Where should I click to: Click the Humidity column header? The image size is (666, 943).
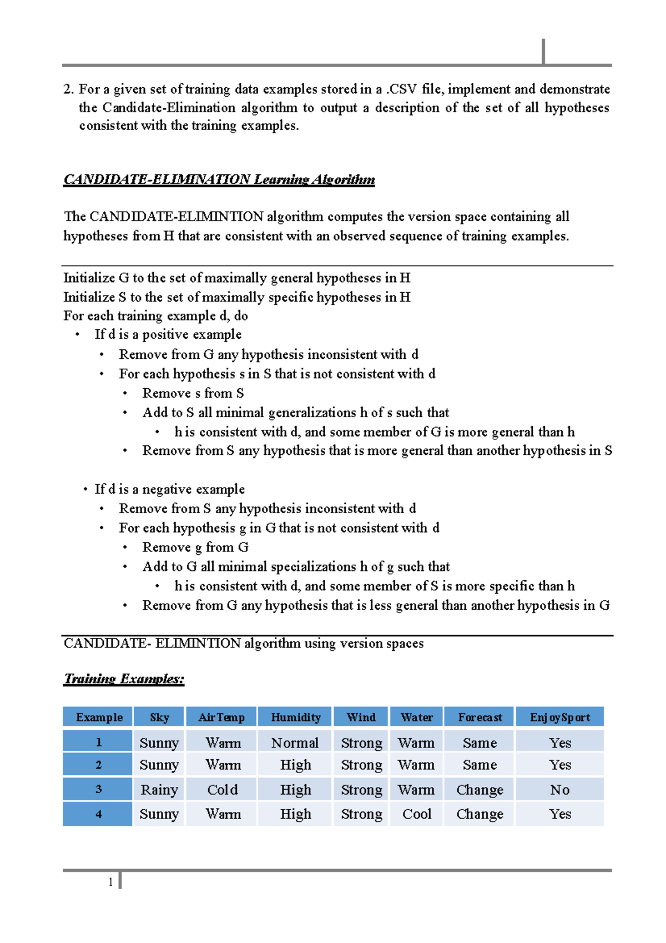coord(295,717)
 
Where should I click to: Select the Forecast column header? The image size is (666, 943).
coord(480,717)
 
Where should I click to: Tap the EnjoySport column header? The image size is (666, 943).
coord(559,717)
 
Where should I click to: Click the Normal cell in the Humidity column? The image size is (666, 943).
coord(295,743)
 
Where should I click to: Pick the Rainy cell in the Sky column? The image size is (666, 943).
coord(159,790)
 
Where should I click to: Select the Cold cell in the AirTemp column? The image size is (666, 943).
coord(222,790)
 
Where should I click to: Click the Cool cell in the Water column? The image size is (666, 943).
coord(416,814)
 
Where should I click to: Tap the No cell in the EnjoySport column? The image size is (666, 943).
coord(559,790)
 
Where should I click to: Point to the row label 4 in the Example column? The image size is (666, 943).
coord(98,814)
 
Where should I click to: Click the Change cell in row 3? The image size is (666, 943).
coord(480,790)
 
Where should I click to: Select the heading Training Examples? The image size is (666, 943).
coord(124,679)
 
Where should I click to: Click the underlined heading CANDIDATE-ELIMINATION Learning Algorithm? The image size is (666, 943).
coord(219,179)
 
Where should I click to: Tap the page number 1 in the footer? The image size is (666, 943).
coord(110,882)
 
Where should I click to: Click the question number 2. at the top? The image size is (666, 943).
coord(69,89)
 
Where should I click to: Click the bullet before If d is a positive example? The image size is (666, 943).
coord(78,335)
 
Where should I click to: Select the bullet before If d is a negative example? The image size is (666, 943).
coord(85,490)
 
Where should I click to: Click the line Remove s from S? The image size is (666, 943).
coord(193,393)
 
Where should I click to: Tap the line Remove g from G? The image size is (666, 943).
coord(195,548)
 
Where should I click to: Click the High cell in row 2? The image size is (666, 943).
coord(295,765)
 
